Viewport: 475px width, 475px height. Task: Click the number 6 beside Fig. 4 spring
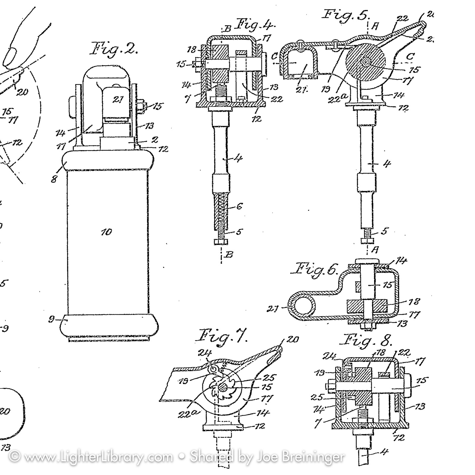pos(240,206)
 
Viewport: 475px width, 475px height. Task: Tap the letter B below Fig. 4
pos(229,254)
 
